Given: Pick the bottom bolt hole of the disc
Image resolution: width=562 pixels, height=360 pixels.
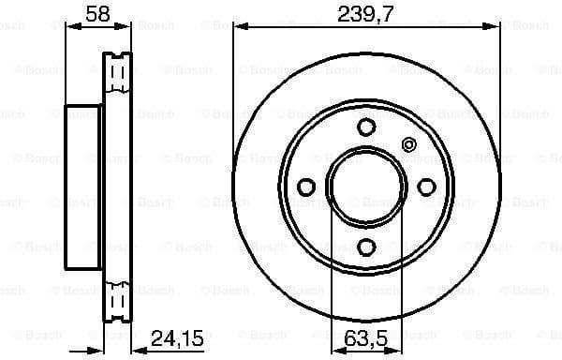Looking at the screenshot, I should (x=365, y=246).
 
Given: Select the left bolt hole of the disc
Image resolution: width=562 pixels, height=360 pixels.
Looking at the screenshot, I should (x=307, y=187).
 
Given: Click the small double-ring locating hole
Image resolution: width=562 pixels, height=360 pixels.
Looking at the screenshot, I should (x=407, y=144).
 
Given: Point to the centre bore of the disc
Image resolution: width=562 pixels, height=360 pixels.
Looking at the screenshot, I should (x=365, y=187).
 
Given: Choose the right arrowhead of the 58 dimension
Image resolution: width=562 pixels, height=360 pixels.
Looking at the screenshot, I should (x=129, y=29).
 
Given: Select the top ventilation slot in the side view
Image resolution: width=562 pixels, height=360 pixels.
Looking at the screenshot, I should (x=116, y=69).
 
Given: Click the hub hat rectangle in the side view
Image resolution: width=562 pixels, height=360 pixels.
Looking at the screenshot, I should (x=82, y=187).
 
